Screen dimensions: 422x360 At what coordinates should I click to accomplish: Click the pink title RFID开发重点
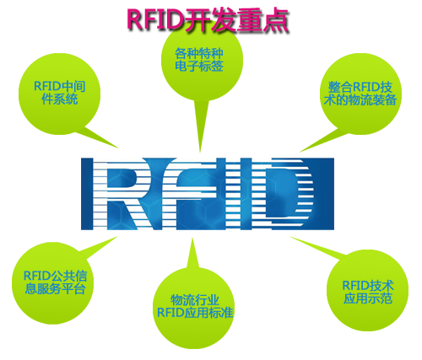[x=208, y=20]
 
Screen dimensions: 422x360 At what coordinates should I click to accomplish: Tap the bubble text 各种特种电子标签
[x=199, y=60]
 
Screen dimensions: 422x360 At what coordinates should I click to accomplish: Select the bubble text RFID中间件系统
[x=59, y=93]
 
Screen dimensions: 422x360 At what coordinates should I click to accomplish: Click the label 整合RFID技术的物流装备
[x=360, y=94]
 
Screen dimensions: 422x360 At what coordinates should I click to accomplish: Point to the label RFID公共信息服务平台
[x=55, y=282]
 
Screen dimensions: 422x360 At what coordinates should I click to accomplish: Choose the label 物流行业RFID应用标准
[x=195, y=306]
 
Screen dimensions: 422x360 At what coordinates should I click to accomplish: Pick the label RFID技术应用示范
[x=368, y=292]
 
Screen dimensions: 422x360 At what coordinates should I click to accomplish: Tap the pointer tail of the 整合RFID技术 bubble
[x=323, y=141]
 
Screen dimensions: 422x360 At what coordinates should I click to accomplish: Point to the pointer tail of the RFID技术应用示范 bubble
[x=318, y=247]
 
